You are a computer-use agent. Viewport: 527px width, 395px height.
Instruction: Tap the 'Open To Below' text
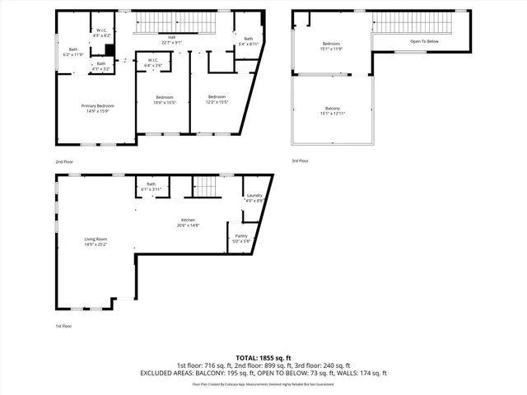point(426,41)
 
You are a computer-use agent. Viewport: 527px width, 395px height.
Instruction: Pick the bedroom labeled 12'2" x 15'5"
point(217,99)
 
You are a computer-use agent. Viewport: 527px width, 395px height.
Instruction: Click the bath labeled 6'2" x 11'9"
point(73,51)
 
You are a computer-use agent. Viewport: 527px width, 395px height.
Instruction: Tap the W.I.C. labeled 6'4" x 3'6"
point(153,62)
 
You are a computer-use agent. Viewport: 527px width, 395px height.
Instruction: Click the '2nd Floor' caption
point(64,161)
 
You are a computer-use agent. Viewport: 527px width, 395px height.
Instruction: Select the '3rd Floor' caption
point(300,161)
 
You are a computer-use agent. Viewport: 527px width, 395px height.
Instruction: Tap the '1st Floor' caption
point(64,327)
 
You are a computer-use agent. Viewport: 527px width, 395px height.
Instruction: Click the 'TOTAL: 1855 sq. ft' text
point(263,357)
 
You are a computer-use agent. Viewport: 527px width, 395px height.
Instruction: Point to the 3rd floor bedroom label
point(331,45)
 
